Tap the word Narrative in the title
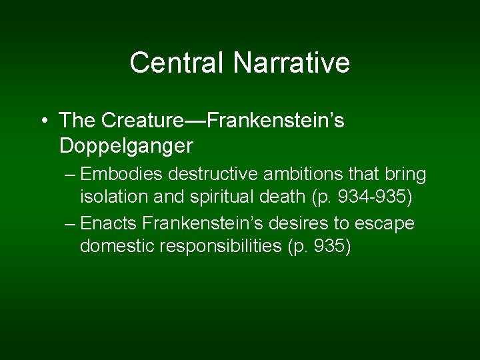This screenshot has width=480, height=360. pos(291,63)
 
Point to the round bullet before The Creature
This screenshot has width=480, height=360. pos(43,121)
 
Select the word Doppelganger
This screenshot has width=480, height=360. pos(126,145)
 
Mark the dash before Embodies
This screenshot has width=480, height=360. pos(71,175)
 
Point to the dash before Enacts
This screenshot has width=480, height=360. pos(71,223)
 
